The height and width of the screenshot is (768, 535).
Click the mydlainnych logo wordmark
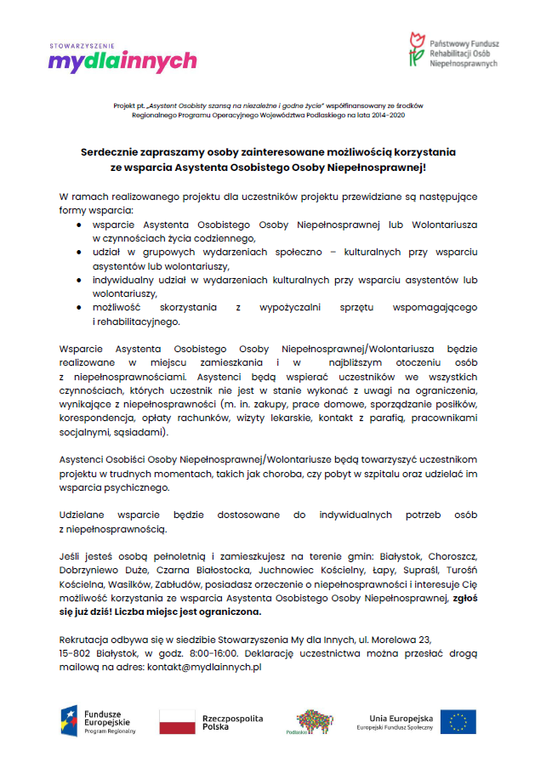[x=122, y=61]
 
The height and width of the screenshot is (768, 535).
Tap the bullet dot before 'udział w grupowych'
[x=78, y=252]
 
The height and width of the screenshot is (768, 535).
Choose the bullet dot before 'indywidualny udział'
[x=78, y=280]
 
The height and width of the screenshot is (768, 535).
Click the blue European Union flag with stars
[x=458, y=722]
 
